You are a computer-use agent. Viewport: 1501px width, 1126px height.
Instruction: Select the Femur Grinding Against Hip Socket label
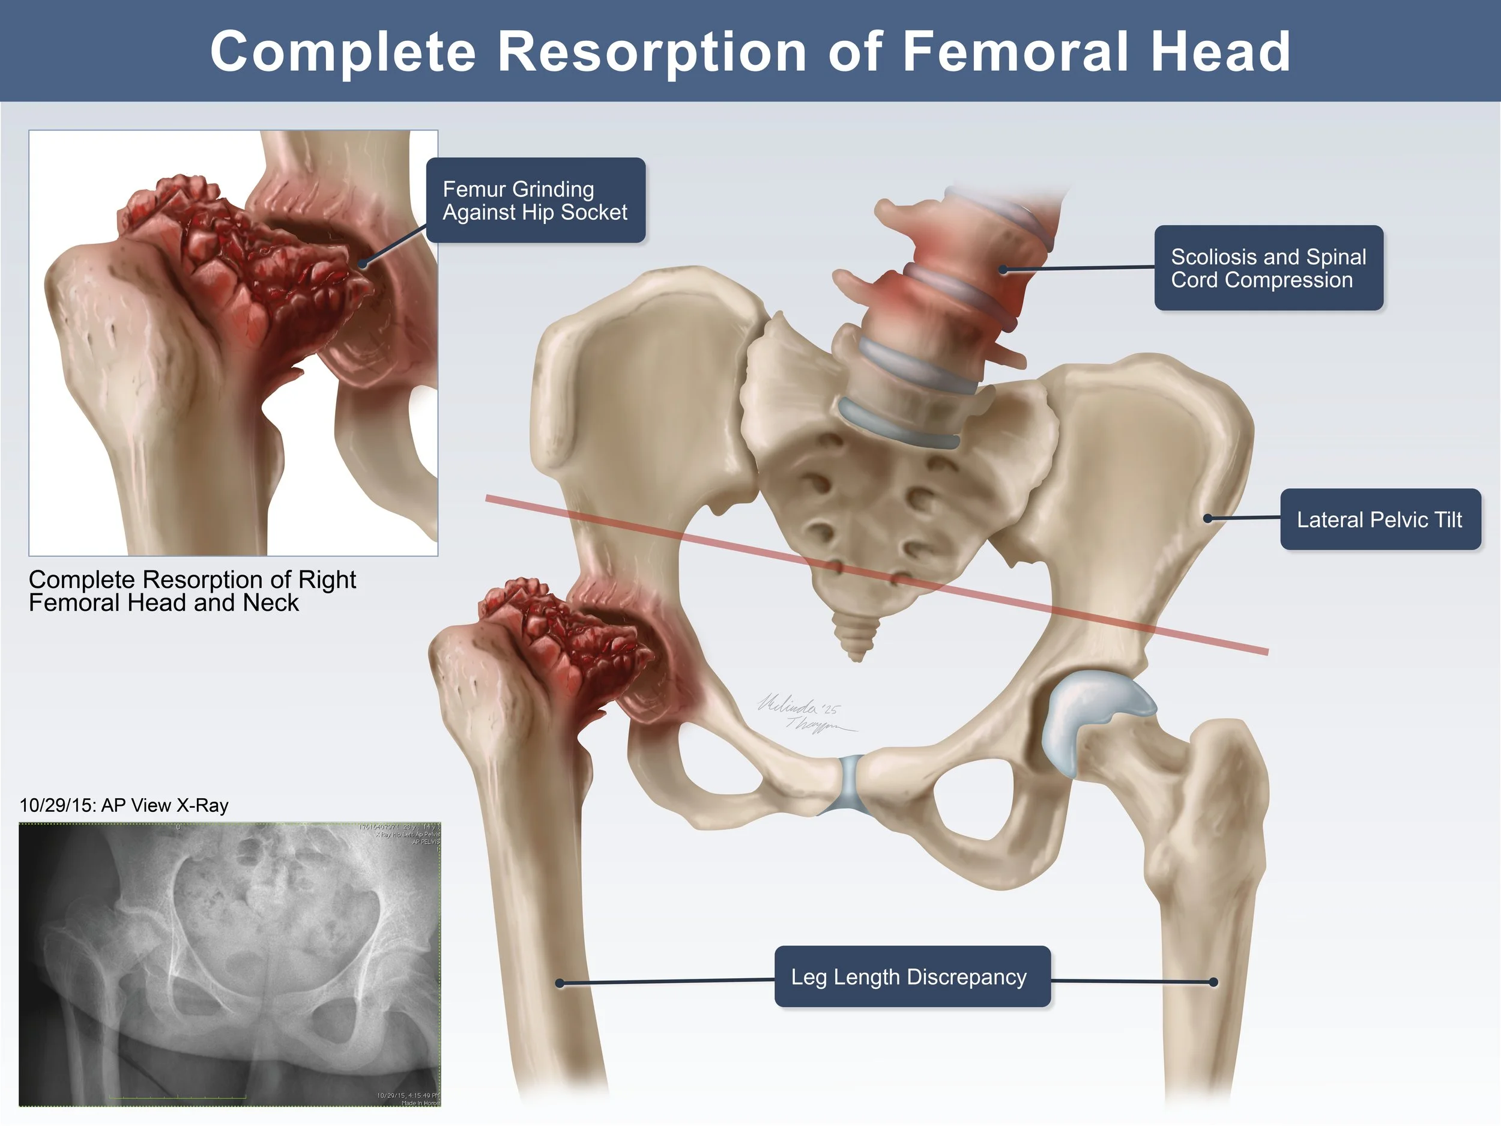(536, 200)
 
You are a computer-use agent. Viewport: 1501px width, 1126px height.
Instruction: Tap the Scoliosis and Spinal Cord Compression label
(1268, 268)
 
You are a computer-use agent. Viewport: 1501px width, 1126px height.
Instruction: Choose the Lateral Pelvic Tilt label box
(1380, 519)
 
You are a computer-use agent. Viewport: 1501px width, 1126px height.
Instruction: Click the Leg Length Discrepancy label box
(912, 976)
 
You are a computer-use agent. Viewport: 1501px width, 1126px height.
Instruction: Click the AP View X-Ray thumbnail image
(229, 964)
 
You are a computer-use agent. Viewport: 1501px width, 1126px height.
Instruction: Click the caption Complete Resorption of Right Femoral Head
(192, 591)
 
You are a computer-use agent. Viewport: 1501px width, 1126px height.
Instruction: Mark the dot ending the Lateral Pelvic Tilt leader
(1208, 518)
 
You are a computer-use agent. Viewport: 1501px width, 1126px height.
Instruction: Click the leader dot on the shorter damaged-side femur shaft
(560, 984)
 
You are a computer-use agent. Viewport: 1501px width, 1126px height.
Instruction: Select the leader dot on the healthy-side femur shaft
(1213, 982)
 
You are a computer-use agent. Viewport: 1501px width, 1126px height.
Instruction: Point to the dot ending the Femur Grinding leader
(363, 264)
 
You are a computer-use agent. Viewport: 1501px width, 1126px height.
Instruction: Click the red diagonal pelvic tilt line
(875, 574)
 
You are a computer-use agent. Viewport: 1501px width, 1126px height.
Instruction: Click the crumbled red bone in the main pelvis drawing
(570, 638)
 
